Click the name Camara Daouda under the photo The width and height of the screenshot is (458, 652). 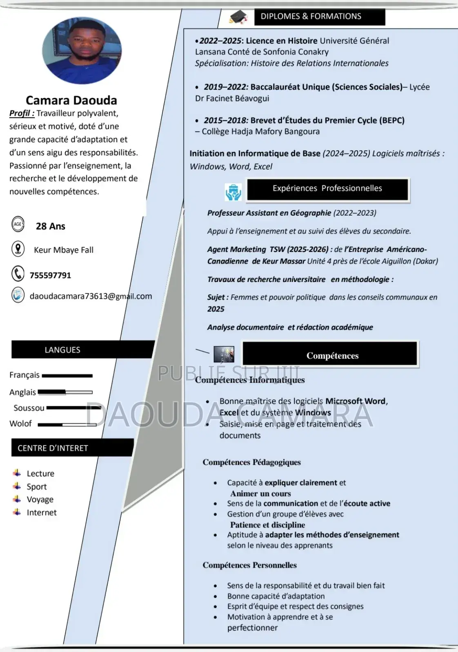[x=71, y=100]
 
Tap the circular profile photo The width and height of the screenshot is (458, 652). [x=82, y=51]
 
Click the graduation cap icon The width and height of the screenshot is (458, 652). [x=239, y=17]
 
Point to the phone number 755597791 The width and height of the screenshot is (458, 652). [x=50, y=275]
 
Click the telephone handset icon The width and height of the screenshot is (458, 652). [x=18, y=273]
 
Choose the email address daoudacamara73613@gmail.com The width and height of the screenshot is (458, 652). [x=91, y=296]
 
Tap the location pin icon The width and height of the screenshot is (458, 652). [x=18, y=249]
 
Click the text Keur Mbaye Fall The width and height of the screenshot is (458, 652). [x=64, y=250]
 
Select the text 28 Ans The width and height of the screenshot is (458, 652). [x=51, y=226]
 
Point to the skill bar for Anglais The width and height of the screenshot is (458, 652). [x=65, y=392]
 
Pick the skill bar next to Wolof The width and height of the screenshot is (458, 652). [x=67, y=425]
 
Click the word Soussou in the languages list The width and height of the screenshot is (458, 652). [x=29, y=408]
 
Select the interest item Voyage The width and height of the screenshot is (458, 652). [x=40, y=500]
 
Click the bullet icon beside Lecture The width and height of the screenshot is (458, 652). [x=17, y=473]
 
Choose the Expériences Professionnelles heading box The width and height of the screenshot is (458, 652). [x=327, y=189]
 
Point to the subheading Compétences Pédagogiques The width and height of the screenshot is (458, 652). [x=251, y=462]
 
